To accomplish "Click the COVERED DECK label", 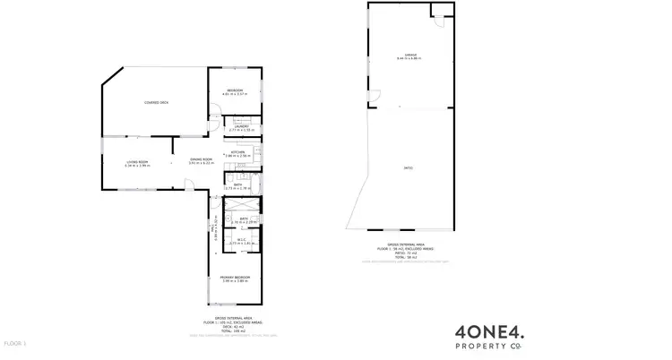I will click(157, 103).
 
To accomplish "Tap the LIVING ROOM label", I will click(136, 162).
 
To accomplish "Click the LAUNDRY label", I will click(241, 126).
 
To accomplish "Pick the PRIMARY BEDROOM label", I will click(235, 279).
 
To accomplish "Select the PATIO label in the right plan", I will click(408, 167).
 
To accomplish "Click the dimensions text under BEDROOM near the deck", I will click(235, 94).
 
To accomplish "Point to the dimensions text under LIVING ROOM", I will click(136, 166).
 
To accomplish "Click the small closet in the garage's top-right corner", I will click(438, 11).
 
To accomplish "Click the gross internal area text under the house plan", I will click(235, 323).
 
